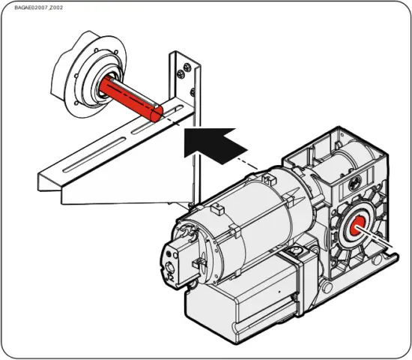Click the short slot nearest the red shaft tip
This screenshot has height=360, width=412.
tap(172, 114)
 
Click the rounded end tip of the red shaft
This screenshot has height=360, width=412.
tap(155, 113)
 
